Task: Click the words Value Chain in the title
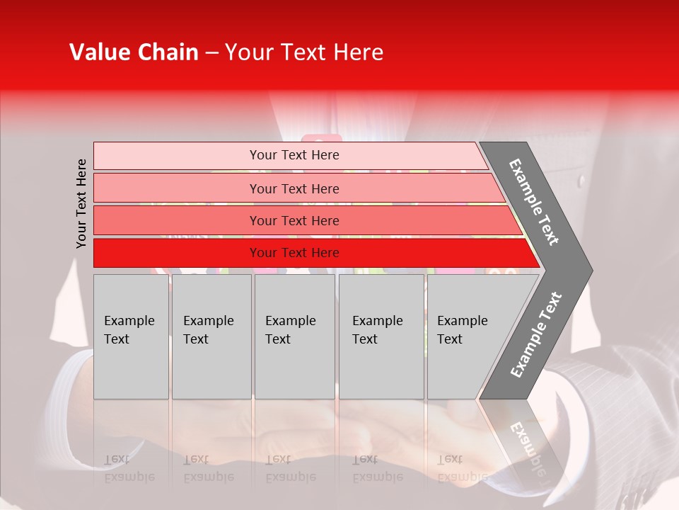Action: [x=134, y=52]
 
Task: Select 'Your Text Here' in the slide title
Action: [x=304, y=52]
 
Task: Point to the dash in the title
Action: [x=211, y=53]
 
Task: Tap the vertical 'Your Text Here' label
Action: [x=81, y=203]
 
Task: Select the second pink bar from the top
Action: [x=294, y=188]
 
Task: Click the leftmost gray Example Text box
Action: [x=131, y=336]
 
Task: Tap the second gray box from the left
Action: [x=211, y=336]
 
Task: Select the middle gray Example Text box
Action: [x=294, y=336]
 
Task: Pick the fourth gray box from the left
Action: [x=381, y=336]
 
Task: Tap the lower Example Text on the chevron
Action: [x=536, y=334]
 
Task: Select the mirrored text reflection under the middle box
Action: [x=290, y=468]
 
